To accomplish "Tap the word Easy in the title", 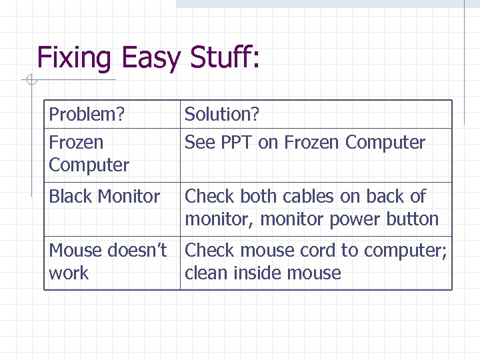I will pyautogui.click(x=151, y=58).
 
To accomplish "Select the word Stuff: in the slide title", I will pyautogui.click(x=225, y=58).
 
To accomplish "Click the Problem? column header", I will pyautogui.click(x=87, y=115).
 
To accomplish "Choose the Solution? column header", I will pyautogui.click(x=222, y=115).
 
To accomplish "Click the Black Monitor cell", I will pyautogui.click(x=105, y=197).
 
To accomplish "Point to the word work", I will pyautogui.click(x=69, y=273).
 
